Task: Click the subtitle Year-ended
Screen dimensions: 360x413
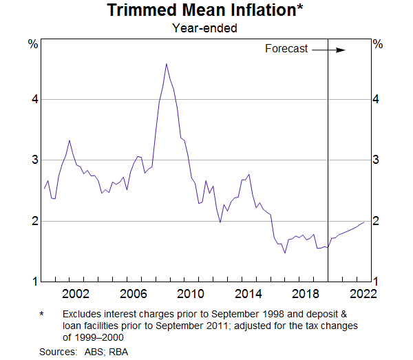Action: tap(206, 28)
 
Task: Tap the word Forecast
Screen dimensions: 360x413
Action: tap(286, 49)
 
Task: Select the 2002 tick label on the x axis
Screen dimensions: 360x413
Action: tap(75, 294)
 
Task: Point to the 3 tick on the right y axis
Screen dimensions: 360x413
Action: tap(377, 160)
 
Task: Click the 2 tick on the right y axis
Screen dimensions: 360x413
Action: tap(377, 221)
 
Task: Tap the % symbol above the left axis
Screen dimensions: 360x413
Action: tap(32, 44)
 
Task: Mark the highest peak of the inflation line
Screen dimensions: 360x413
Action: tap(166, 64)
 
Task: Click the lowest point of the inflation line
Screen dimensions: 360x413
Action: tap(285, 253)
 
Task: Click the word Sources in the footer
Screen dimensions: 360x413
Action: tap(56, 352)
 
